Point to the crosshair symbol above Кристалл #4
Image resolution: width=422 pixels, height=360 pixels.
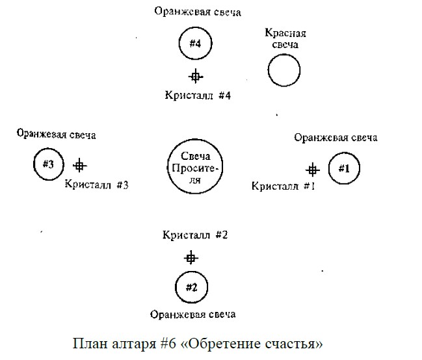tap(196, 77)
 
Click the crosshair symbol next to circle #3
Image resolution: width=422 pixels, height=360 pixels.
tap(80, 166)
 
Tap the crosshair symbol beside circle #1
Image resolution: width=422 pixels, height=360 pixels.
tap(313, 170)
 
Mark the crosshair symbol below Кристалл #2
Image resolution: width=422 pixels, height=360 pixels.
tap(191, 258)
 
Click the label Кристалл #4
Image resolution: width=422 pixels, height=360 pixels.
tap(198, 96)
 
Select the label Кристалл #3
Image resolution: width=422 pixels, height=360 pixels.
tap(97, 185)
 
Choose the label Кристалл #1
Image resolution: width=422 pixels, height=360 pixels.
tap(283, 186)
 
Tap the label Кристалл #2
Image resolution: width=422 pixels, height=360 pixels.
tap(195, 235)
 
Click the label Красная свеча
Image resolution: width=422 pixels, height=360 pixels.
tap(285, 38)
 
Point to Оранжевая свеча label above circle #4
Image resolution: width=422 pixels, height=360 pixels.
tap(198, 12)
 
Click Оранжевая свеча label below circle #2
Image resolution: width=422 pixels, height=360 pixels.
tap(192, 315)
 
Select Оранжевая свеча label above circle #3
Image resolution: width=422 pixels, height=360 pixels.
tap(57, 134)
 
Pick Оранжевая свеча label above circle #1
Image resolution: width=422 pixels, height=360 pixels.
tap(336, 138)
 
